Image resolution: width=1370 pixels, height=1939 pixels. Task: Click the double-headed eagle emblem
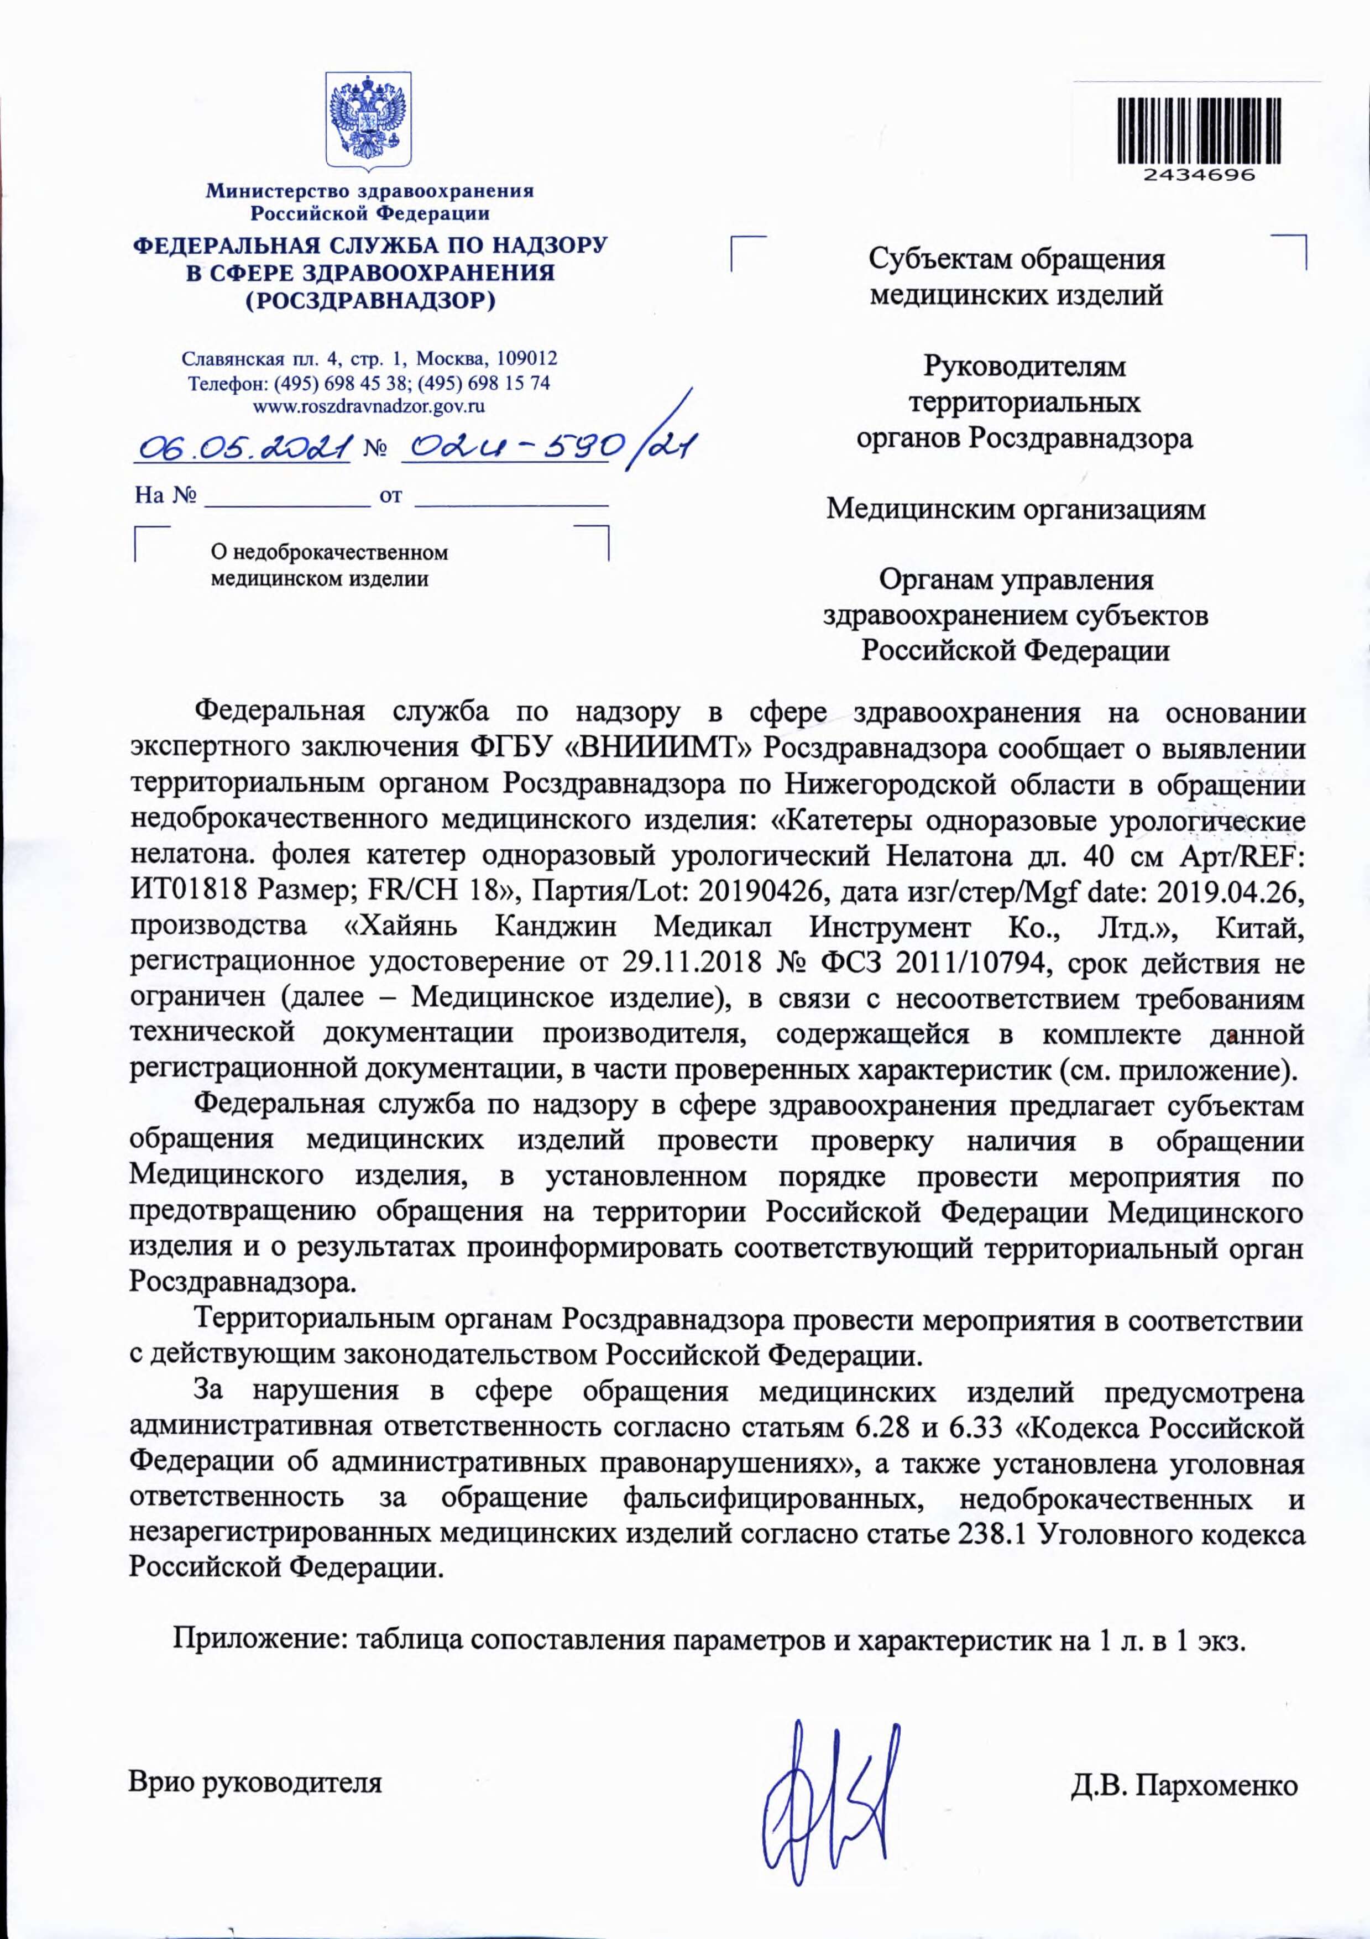click(369, 118)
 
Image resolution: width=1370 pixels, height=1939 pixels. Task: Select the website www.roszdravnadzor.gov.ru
click(369, 406)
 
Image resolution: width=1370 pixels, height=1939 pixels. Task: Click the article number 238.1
click(992, 1533)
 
